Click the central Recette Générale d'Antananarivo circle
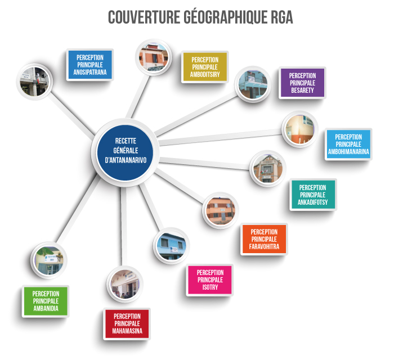[x=125, y=152]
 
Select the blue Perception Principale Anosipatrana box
[x=90, y=65]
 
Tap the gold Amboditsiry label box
[x=205, y=67]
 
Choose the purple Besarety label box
[x=302, y=83]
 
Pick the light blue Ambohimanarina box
[x=348, y=144]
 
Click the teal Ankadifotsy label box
[x=313, y=195]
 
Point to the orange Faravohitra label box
[x=264, y=239]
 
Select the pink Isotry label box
[x=210, y=280]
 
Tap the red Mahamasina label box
[x=127, y=323]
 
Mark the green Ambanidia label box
[x=46, y=301]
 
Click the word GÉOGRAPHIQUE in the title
[x=225, y=17]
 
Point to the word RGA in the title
[x=282, y=17]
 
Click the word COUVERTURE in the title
[x=144, y=17]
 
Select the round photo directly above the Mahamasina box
[x=125, y=284]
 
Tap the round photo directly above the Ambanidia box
[x=49, y=260]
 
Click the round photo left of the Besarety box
[x=253, y=84]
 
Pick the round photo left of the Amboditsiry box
[x=154, y=57]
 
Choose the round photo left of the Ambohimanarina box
[x=300, y=129]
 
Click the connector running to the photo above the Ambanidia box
[x=78, y=209]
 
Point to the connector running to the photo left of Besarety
[x=196, y=115]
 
